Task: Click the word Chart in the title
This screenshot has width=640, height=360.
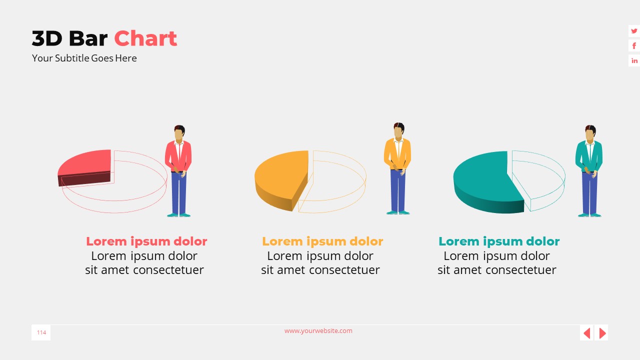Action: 145,38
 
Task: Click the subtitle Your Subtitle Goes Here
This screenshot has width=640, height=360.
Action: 84,58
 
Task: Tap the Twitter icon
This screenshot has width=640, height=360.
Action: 634,31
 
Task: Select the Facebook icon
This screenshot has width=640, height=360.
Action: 634,46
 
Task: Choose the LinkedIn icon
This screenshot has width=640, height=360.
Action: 634,61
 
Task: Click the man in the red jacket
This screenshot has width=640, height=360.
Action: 178,170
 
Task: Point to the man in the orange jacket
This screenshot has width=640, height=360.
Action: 397,167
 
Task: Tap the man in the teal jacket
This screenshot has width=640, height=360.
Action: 589,170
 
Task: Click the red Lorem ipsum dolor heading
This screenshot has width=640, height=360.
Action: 146,241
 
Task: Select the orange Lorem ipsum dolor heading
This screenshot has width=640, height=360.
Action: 322,241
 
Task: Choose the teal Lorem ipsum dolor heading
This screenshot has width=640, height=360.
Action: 499,241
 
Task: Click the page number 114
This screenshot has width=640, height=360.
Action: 41,332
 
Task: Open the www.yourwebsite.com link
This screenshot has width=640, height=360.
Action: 318,330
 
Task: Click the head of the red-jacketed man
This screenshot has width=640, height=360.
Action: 179,133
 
